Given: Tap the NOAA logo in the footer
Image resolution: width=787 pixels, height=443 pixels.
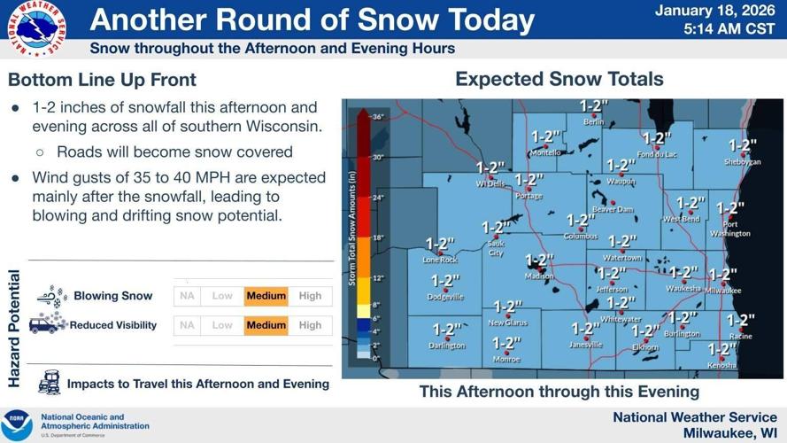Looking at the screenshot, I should [x=17, y=425].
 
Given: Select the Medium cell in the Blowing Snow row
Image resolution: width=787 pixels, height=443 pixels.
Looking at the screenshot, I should [x=266, y=296].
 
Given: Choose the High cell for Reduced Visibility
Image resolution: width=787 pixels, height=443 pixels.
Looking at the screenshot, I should [x=310, y=325].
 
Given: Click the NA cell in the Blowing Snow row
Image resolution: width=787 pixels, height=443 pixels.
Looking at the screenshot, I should [x=187, y=296].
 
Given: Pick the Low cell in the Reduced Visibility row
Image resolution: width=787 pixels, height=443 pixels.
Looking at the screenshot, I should [x=222, y=325].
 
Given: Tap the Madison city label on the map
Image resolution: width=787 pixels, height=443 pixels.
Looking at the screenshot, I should [x=539, y=276].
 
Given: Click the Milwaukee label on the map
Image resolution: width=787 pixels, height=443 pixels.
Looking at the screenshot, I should [x=723, y=290].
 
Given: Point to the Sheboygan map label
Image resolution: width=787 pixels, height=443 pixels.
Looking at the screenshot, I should [x=742, y=162].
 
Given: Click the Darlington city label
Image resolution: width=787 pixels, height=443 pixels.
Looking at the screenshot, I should [x=447, y=346].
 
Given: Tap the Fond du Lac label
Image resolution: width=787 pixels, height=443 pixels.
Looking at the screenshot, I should [x=656, y=155].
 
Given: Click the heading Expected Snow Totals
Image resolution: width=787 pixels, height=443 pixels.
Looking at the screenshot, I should [x=559, y=80].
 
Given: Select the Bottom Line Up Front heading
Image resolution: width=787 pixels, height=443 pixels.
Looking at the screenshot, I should [x=102, y=81].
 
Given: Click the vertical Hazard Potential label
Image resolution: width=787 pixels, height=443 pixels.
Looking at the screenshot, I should [x=14, y=329].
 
